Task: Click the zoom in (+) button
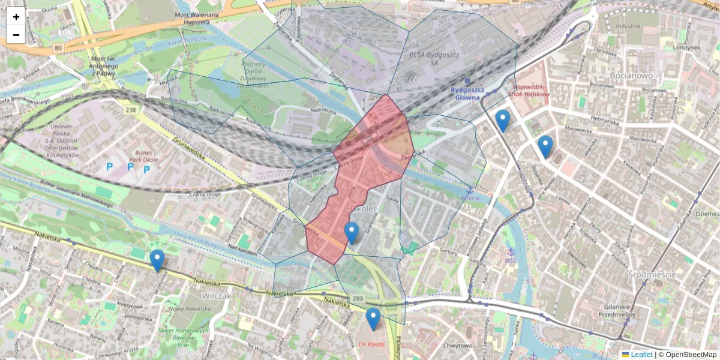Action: point(16,17)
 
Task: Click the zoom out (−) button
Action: point(16,35)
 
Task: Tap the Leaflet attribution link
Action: point(641,355)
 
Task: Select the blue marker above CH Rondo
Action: point(373,319)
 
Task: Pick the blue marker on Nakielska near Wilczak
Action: point(157,260)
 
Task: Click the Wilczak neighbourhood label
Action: point(217,296)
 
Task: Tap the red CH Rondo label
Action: point(371,344)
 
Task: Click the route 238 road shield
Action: point(131,110)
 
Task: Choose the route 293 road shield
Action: point(358,298)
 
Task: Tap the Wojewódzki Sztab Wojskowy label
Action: point(529,90)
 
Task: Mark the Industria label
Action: point(628,26)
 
